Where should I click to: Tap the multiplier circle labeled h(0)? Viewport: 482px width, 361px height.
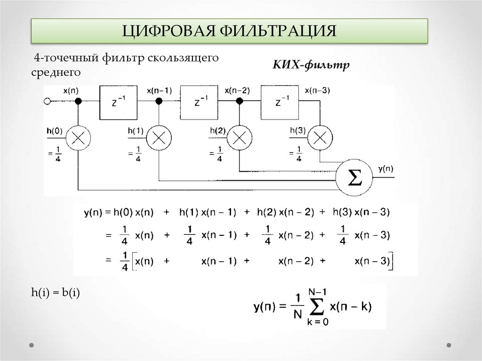pos(78,137)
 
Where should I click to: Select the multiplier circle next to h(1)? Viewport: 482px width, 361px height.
pos(159,137)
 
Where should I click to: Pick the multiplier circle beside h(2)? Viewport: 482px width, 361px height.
pos(240,137)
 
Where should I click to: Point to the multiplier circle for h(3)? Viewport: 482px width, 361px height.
pos(320,137)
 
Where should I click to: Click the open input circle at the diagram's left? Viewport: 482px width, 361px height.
pos(47,101)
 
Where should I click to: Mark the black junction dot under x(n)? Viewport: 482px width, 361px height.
pos(79,101)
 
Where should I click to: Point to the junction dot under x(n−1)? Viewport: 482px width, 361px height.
pos(159,101)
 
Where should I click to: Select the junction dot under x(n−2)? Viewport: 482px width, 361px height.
pos(240,101)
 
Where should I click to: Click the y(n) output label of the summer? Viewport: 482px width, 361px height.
pos(386,169)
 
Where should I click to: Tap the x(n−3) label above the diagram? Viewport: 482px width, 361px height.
pos(317,90)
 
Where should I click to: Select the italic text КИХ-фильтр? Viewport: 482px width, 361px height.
pos(311,64)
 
